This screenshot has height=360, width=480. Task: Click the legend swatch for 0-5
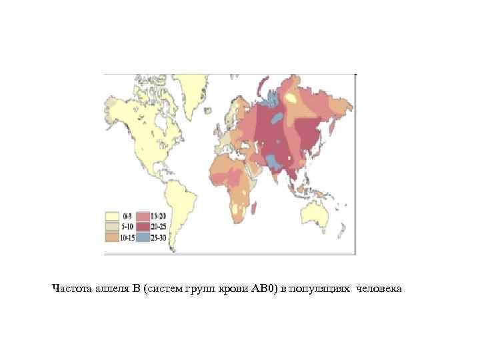(x=112, y=217)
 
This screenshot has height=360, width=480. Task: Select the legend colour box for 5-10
(x=112, y=227)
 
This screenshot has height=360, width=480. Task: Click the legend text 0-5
(x=127, y=217)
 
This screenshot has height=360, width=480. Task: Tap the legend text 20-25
(x=159, y=227)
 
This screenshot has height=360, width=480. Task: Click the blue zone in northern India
(x=274, y=160)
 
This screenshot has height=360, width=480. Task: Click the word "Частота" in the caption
(x=72, y=289)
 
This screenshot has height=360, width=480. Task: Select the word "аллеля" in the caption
(x=111, y=289)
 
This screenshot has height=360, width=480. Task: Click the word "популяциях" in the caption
(x=321, y=289)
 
